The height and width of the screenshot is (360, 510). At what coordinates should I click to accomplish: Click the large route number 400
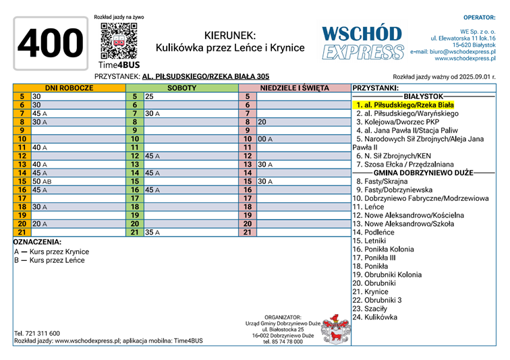pos(49,43)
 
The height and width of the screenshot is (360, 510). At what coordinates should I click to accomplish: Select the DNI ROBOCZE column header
pos(69,88)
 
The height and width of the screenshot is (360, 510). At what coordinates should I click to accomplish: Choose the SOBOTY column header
pos(181,88)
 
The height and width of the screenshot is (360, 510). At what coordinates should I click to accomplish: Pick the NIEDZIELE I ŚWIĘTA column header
pos(294,88)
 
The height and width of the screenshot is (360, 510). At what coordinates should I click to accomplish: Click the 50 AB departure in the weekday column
pos(42,182)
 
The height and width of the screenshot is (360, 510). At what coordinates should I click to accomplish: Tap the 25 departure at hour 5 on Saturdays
pos(149,96)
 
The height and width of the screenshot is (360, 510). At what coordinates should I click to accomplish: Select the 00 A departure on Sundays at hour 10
pos(264,139)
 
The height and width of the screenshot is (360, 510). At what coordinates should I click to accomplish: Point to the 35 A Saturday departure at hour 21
pos(152,233)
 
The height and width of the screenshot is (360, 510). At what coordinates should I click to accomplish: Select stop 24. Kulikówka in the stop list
pos(375,317)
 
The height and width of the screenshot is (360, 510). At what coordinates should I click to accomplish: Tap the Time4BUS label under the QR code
pos(119,65)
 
